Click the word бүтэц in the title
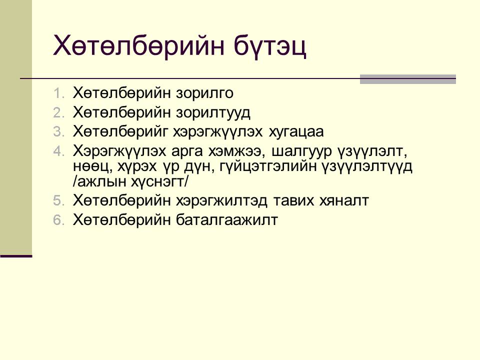pos(270,46)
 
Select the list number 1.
pos(58,93)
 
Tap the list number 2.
pos(58,113)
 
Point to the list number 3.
pos(58,132)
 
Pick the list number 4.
pos(58,151)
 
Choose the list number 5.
pos(58,201)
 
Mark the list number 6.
pos(58,220)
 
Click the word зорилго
pos(204,93)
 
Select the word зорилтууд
pos(213,112)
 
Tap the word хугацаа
pos(296,132)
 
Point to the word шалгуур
pos(301,151)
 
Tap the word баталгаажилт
pos(227,220)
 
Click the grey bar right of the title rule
pos(408,79)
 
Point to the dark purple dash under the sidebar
pos(16,256)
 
